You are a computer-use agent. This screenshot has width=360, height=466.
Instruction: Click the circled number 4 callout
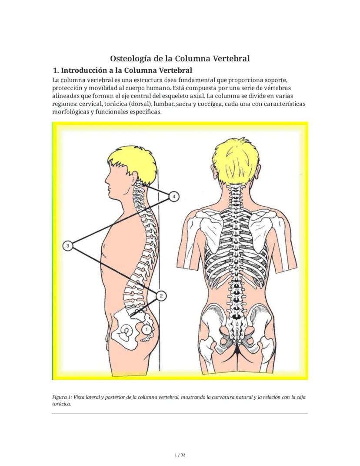click(174, 196)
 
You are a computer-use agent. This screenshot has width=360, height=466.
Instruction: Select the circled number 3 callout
click(68, 246)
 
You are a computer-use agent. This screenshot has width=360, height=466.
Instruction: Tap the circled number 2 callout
click(161, 296)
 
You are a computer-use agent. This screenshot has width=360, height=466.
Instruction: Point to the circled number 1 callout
click(146, 329)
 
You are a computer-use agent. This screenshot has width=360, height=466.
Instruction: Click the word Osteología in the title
click(131, 59)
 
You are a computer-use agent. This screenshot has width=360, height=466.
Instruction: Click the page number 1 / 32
click(180, 455)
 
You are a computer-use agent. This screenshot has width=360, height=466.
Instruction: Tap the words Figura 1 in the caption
click(61, 397)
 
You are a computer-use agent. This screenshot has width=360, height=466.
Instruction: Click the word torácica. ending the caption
click(61, 404)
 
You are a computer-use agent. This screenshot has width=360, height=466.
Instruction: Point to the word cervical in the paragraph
click(90, 104)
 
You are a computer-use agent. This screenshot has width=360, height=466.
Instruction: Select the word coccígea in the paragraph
click(212, 104)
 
